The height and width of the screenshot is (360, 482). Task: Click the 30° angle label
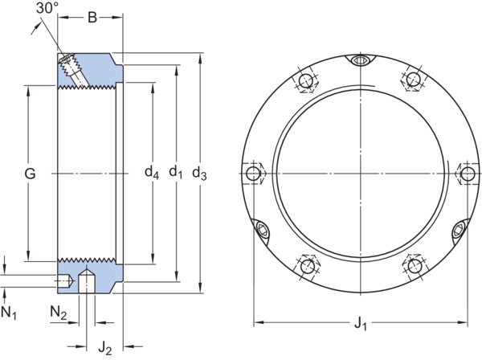click(47, 8)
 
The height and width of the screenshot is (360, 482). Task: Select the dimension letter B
click(92, 18)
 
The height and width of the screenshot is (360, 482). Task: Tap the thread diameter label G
click(30, 174)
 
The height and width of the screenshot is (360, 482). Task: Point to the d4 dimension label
click(152, 172)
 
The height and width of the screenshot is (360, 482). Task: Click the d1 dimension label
click(176, 172)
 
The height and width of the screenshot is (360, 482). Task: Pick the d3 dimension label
click(199, 173)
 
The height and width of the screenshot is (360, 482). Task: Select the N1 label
click(9, 313)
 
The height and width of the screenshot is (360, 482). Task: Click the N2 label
click(59, 313)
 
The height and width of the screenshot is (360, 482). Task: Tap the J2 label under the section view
click(104, 349)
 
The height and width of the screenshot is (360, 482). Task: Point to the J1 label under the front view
click(361, 324)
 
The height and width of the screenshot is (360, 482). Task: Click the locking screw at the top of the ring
click(360, 60)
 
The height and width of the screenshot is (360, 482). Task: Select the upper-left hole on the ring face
click(306, 81)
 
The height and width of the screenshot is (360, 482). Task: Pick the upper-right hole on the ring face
click(413, 79)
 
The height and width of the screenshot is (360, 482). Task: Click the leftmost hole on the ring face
click(253, 174)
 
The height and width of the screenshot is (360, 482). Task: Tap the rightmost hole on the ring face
click(468, 174)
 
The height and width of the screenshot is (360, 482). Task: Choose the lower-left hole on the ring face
click(308, 266)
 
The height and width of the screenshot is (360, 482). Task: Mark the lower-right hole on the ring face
click(415, 266)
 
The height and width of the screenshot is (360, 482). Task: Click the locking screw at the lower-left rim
click(263, 229)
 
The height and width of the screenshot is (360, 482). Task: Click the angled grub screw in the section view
click(72, 68)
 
